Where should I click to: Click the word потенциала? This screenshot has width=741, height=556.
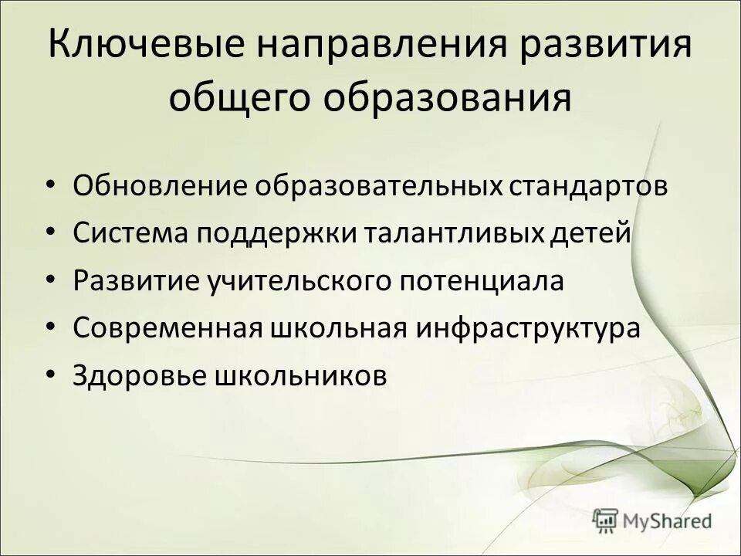(x=482, y=281)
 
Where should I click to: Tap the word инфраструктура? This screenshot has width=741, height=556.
(x=529, y=328)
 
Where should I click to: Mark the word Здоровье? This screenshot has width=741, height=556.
(x=139, y=375)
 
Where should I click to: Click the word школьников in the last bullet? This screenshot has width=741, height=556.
(x=299, y=375)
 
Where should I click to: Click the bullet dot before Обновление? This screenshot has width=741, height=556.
(x=51, y=187)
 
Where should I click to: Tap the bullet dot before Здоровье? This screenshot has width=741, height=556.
(x=51, y=375)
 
